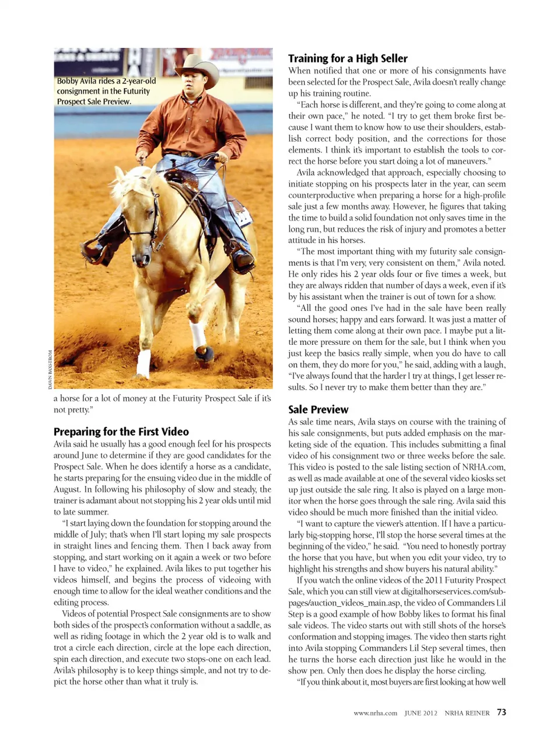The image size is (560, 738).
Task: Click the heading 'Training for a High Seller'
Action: (x=348, y=58)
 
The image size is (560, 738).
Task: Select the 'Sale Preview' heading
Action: (x=318, y=410)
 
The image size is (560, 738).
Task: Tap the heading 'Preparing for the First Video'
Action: (x=121, y=432)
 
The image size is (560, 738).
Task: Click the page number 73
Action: (x=502, y=712)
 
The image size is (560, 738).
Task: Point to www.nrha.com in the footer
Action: (x=375, y=713)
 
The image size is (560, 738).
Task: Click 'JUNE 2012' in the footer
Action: (x=421, y=713)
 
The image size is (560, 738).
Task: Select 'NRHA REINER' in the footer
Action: (x=467, y=713)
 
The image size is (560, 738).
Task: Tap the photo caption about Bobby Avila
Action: (x=106, y=91)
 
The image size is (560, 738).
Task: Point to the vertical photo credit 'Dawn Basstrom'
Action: (x=50, y=369)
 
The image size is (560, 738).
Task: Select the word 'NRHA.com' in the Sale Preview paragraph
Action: (x=484, y=467)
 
